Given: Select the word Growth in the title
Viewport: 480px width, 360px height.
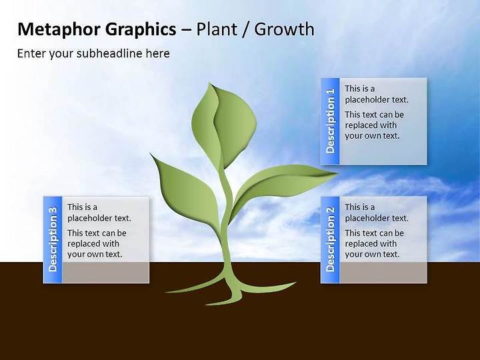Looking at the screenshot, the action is [x=284, y=29].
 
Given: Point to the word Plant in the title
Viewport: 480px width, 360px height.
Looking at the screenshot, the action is [x=217, y=29].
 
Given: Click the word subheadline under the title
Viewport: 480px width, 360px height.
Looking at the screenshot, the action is [x=109, y=53].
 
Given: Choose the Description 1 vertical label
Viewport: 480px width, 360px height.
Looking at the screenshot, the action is [x=330, y=121].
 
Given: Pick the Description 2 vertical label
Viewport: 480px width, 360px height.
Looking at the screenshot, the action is [x=330, y=239].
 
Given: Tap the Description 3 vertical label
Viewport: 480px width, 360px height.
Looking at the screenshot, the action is [x=53, y=239].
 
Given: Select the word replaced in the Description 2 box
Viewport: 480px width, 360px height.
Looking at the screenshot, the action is [x=359, y=244].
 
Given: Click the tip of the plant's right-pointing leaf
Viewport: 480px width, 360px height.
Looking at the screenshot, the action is [x=337, y=173].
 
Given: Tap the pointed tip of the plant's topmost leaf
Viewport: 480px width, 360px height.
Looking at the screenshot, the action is [x=210, y=82].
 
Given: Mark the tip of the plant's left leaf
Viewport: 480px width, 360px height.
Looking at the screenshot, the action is [x=150, y=153].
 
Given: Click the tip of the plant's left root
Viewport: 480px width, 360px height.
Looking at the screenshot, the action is [x=166, y=292].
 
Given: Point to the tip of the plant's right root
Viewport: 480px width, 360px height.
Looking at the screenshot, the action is [x=297, y=282].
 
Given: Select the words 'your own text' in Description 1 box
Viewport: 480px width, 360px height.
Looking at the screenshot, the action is [x=372, y=136].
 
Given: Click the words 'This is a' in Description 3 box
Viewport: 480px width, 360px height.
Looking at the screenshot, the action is [x=83, y=207].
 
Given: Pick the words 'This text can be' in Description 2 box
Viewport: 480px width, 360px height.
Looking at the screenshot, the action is [x=375, y=233].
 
